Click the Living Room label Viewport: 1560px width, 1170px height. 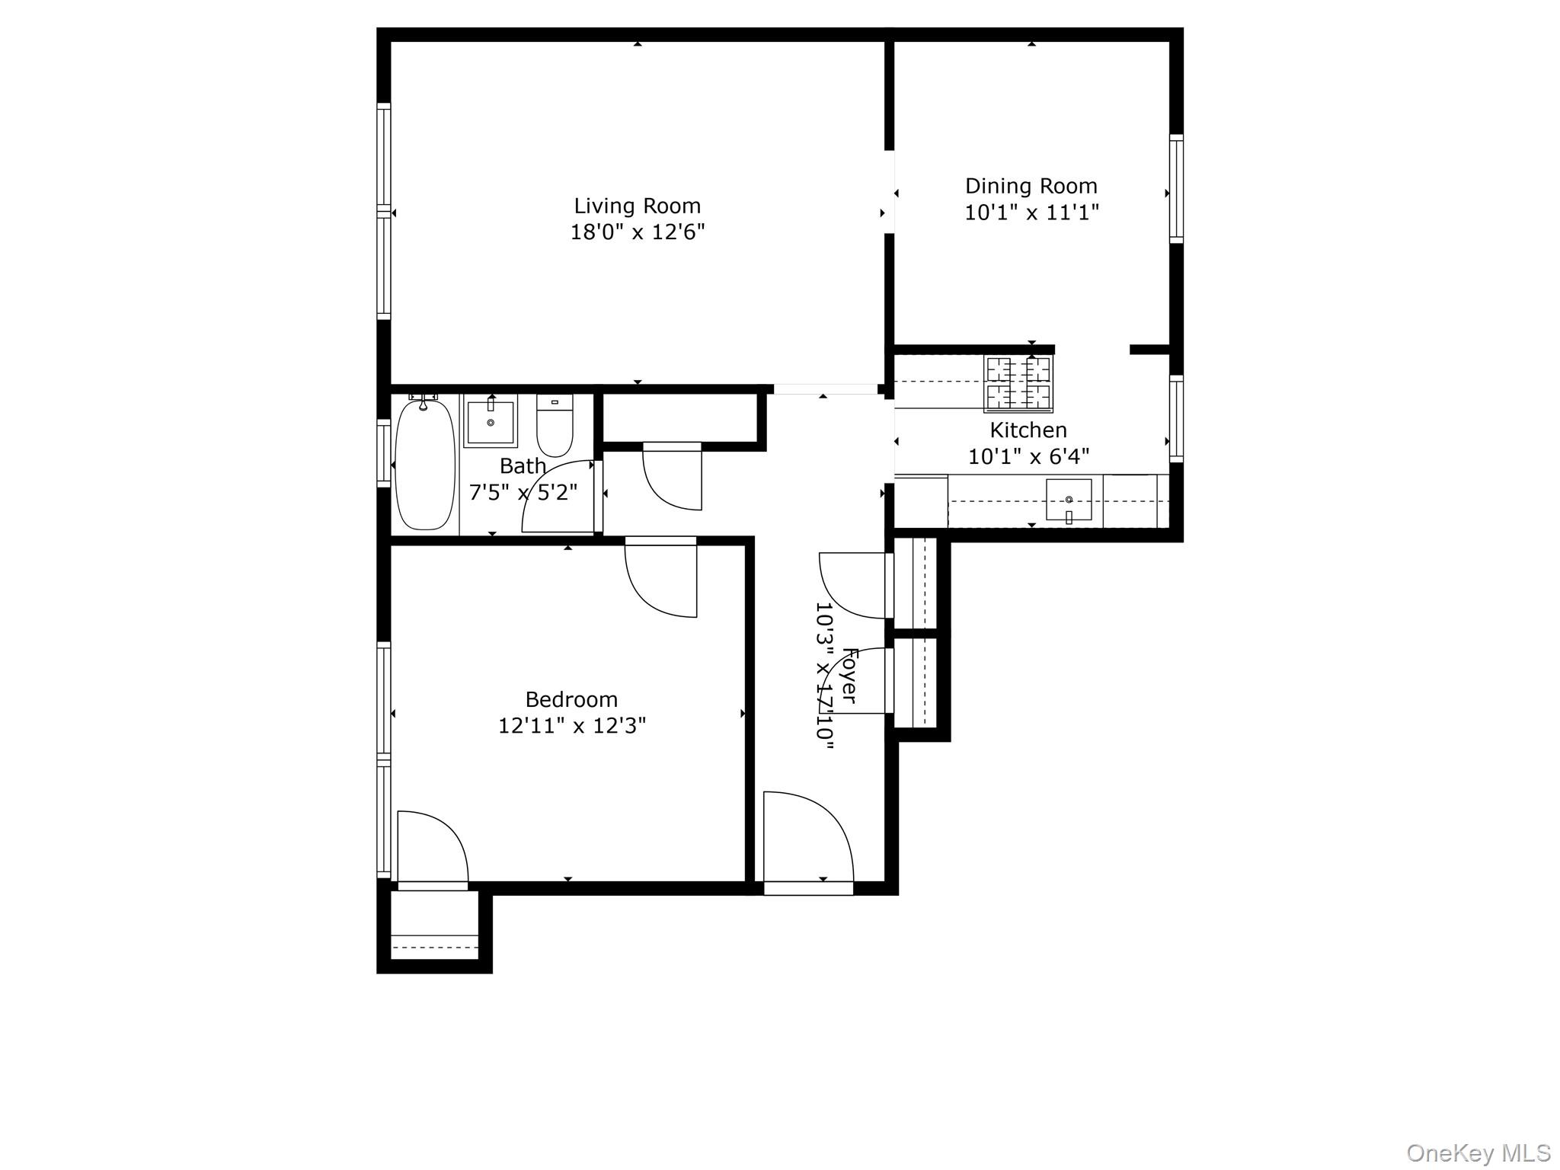point(637,206)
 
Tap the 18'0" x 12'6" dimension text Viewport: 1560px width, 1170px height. point(637,232)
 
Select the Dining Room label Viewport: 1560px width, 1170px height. point(1031,186)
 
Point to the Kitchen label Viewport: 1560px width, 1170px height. point(1028,430)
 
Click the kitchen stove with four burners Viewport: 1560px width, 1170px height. point(1018,384)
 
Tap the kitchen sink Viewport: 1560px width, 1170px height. point(1068,500)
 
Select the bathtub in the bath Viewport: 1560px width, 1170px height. point(425,465)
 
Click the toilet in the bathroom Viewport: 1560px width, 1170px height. point(555,426)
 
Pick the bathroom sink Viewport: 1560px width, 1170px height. point(491,420)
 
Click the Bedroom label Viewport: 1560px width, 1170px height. point(571,699)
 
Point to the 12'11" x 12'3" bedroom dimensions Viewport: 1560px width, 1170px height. point(571,726)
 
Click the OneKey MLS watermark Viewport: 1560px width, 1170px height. point(1478,1152)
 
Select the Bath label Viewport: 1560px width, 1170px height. point(523,465)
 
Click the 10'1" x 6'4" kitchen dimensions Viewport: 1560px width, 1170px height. point(1028,457)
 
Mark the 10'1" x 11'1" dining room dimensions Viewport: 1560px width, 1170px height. point(1031,213)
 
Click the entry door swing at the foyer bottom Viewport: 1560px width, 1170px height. point(807,838)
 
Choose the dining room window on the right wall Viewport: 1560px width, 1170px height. point(1176,189)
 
